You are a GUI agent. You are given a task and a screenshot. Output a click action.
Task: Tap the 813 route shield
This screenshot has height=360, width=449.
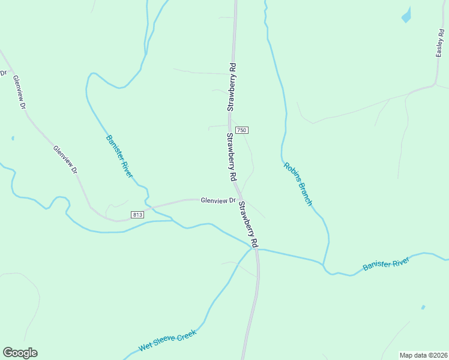click(137, 214)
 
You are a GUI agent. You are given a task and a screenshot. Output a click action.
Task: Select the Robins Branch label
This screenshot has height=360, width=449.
click(298, 184)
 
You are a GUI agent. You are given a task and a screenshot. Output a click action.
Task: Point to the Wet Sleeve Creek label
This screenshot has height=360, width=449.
click(168, 343)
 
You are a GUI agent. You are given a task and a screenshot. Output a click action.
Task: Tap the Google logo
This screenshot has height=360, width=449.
click(20, 353)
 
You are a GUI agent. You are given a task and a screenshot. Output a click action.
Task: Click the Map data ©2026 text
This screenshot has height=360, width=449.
click(423, 355)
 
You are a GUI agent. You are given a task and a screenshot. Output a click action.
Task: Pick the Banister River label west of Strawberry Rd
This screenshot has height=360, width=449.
click(119, 156)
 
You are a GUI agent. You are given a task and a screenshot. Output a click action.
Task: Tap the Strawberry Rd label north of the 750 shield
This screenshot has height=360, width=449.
click(232, 86)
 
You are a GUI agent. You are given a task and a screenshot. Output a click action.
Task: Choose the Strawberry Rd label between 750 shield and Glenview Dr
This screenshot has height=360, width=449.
click(231, 157)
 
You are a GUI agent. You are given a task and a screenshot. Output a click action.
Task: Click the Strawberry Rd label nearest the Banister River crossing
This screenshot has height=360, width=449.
click(248, 224)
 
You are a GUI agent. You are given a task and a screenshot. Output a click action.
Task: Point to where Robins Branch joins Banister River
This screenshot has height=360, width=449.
click(323, 263)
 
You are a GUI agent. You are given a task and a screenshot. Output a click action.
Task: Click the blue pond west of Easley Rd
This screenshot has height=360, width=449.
click(406, 15)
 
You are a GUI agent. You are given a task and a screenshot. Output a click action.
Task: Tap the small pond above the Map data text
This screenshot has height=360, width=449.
click(423, 307)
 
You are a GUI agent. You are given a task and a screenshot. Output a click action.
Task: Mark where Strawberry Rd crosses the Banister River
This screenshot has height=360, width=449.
click(255, 248)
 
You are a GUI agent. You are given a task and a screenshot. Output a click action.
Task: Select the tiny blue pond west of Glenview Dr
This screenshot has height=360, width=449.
click(13, 138)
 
